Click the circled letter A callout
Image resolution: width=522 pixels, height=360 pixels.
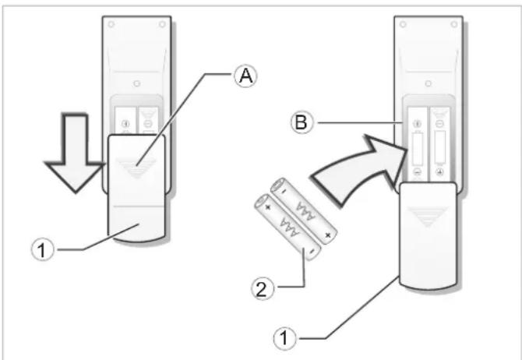coord(245,76)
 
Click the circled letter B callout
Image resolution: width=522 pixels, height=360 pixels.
coord(302,122)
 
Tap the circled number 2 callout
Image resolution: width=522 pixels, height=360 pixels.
coord(263,289)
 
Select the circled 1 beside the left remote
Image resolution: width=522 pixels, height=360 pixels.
coord(43,250)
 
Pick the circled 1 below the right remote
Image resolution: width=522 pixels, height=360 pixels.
coord(284,338)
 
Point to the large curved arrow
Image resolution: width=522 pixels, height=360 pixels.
coord(359,170)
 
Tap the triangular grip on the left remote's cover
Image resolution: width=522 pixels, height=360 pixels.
coord(136,168)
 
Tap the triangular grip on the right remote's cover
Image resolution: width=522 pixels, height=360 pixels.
coord(429,216)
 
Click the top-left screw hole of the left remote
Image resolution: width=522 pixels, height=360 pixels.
coord(111,24)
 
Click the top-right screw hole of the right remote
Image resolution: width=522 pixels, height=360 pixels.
coord(453,24)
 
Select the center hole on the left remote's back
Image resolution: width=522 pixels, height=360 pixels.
coord(136,83)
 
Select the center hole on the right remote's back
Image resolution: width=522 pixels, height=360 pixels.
coord(429,83)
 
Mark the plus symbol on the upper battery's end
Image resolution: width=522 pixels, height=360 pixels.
coord(328,235)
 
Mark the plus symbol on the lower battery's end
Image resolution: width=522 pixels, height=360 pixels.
coord(267,207)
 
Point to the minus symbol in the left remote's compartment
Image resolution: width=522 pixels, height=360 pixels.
coord(148,124)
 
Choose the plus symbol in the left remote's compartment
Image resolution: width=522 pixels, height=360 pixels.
coord(125,124)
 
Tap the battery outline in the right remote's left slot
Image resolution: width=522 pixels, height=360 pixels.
coord(418,148)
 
